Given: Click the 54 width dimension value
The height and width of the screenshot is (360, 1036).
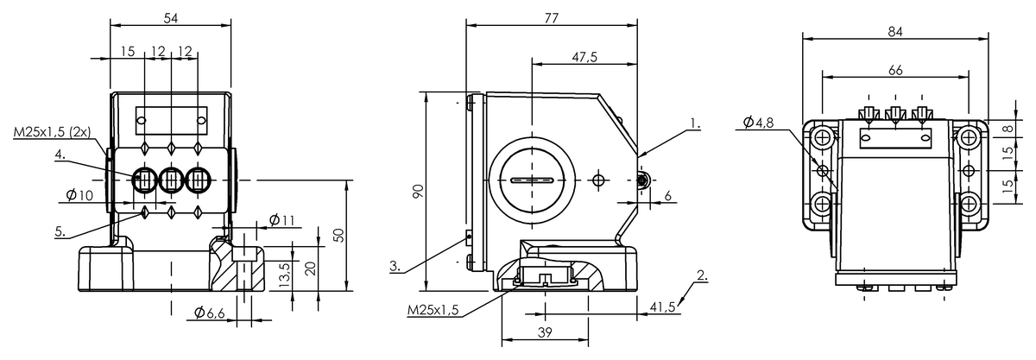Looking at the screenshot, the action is pyautogui.click(x=171, y=18).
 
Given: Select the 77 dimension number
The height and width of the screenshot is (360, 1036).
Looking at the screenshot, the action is pyautogui.click(x=552, y=18).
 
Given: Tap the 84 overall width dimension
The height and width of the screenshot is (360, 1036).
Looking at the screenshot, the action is pyautogui.click(x=895, y=31).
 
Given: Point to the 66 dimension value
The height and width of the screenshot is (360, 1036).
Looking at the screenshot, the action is pyautogui.click(x=895, y=70).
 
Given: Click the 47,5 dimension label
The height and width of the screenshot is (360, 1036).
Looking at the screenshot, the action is pyautogui.click(x=584, y=57).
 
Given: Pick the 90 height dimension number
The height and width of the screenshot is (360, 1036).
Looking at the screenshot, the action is pyautogui.click(x=418, y=191).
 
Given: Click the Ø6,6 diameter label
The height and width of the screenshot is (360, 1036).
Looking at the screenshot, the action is pyautogui.click(x=210, y=313).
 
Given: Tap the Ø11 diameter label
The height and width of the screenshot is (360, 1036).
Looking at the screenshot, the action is pyautogui.click(x=281, y=220).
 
